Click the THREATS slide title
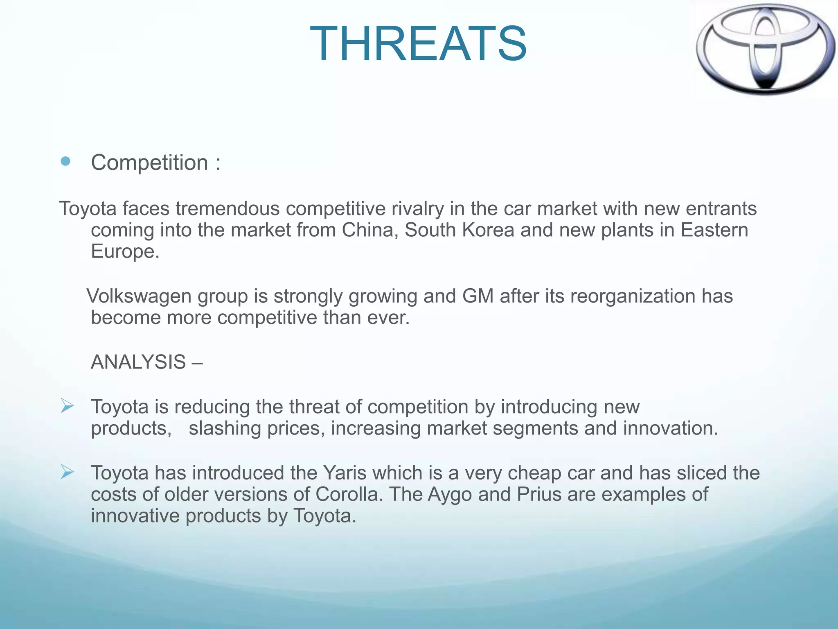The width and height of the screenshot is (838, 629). [x=418, y=44]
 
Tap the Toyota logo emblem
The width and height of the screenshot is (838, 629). [x=765, y=49]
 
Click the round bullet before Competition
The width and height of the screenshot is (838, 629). [x=65, y=161]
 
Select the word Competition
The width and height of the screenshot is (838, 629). [x=150, y=163]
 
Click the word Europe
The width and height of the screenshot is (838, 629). [x=124, y=251]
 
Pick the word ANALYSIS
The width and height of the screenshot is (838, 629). [x=138, y=362]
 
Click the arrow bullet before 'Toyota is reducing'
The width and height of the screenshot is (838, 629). [x=67, y=406]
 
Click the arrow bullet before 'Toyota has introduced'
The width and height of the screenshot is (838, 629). [x=67, y=472]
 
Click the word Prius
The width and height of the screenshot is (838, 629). [x=539, y=494]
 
